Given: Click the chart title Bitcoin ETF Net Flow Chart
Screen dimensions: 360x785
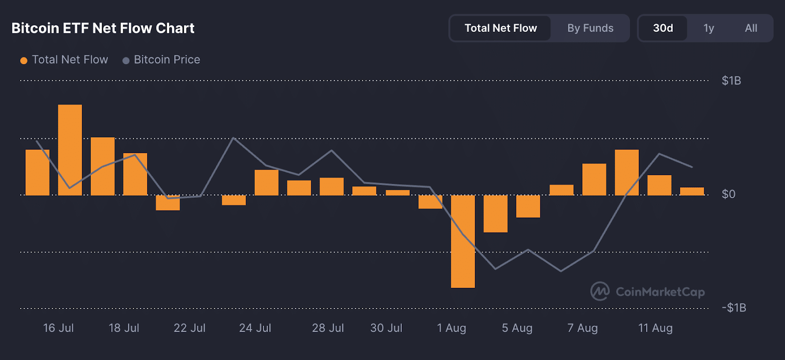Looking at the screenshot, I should click(103, 28).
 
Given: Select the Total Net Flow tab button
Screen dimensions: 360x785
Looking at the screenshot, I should click(500, 28).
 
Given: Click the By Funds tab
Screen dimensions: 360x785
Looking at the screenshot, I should click(590, 28).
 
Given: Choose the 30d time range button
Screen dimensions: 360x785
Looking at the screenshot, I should click(663, 28).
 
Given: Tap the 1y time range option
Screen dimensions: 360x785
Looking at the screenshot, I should click(708, 28).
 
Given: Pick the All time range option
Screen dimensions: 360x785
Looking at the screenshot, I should click(751, 28).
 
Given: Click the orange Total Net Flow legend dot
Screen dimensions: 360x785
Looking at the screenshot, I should click(24, 60).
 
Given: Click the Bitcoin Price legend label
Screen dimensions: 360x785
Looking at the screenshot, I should click(167, 60).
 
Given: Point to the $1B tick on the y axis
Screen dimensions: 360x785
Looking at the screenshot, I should click(731, 81).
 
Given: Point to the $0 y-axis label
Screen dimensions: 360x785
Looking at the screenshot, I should click(729, 194).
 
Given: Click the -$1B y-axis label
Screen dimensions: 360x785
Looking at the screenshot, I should click(734, 308).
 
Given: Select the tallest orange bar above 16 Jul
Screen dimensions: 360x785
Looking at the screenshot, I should click(70, 150).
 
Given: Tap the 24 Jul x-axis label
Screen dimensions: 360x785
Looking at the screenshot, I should click(255, 328).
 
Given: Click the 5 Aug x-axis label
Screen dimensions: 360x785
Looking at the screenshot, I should click(517, 328).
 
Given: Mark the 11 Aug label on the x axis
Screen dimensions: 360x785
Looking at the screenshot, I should click(655, 328).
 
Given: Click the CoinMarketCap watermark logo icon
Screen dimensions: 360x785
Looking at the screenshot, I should click(600, 291).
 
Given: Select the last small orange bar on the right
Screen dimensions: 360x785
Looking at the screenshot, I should click(692, 191).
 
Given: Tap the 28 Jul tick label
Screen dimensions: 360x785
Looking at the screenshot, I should click(328, 328).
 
